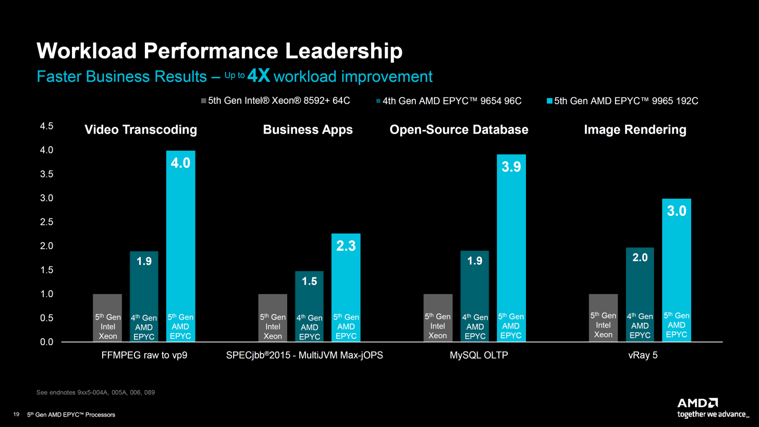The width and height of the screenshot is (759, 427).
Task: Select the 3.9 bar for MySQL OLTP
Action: pos(511,248)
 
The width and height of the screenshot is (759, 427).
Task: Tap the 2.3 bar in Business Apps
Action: pos(346,287)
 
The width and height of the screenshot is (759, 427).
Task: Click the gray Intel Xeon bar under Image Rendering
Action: pos(603,318)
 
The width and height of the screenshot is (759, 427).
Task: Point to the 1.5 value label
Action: pos(310,282)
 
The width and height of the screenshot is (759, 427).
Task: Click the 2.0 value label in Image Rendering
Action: pos(640,258)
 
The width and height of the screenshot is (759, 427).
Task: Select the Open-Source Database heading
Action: pos(459,130)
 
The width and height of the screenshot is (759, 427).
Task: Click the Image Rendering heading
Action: pos(635,130)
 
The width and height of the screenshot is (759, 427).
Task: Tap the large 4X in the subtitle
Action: pos(259,76)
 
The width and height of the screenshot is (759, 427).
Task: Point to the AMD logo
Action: pos(697,403)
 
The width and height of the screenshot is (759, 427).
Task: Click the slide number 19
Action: pos(16,414)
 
